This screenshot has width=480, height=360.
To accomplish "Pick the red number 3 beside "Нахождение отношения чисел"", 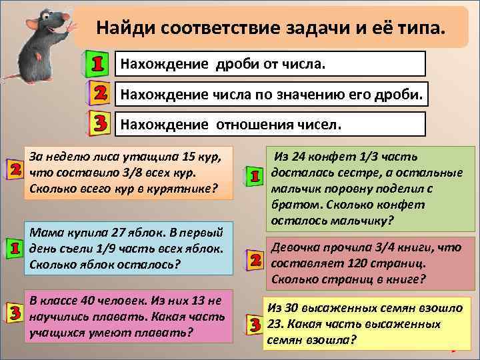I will click(x=98, y=123).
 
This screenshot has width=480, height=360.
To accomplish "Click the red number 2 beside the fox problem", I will click(x=14, y=169).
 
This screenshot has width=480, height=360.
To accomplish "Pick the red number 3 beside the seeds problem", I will click(x=254, y=325).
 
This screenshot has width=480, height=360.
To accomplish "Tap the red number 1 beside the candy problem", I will click(x=254, y=176).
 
